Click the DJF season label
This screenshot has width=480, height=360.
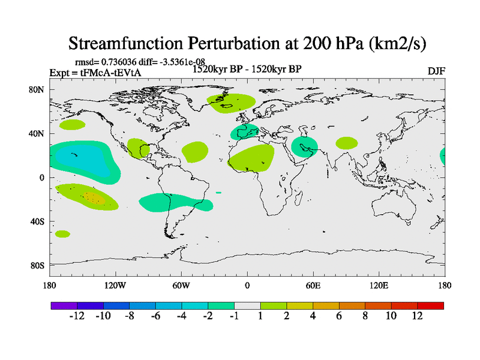(x=436, y=71)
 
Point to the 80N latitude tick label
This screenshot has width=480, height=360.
(x=37, y=89)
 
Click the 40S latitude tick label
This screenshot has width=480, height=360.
(x=37, y=221)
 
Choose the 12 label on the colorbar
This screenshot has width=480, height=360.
(x=417, y=316)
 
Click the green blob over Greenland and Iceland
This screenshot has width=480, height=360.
(x=230, y=103)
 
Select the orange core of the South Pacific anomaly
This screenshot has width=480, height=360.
(x=92, y=196)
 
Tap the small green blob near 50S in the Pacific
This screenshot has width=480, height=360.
(x=62, y=233)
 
